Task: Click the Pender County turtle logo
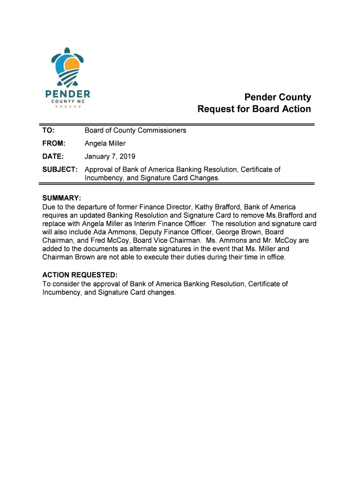coord(68,69)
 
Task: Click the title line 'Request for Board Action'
coord(254,109)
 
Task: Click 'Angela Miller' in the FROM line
coord(105,144)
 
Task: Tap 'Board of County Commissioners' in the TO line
coord(135,131)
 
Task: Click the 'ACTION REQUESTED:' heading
coord(80,276)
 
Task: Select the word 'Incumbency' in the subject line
coord(103,178)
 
